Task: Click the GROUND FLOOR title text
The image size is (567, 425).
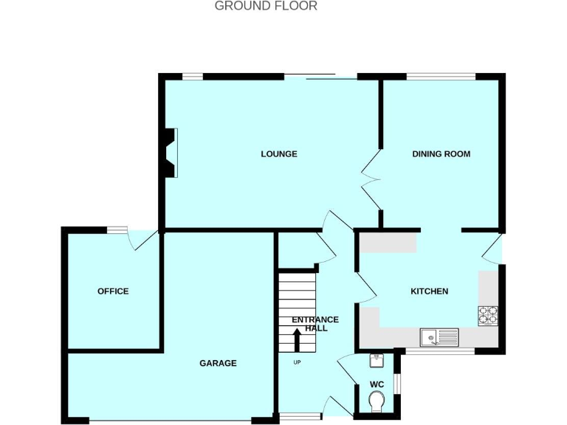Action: [x=266, y=6]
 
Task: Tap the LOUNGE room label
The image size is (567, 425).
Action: [x=279, y=154]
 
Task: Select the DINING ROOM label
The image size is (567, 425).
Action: [x=441, y=154]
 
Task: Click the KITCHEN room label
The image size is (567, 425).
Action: [x=429, y=291]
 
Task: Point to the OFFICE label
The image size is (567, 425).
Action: [x=113, y=291]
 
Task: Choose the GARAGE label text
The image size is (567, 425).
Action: [x=218, y=363]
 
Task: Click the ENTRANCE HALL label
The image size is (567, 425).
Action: [x=315, y=324]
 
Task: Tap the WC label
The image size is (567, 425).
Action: [x=377, y=384]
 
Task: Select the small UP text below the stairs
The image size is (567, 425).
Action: [x=298, y=362]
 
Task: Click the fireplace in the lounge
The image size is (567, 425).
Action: [x=171, y=153]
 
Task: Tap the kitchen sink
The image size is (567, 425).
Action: [x=439, y=337]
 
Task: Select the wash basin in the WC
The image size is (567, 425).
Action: [x=376, y=359]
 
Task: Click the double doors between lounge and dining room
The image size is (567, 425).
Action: [x=370, y=178]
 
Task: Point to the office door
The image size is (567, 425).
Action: [x=143, y=240]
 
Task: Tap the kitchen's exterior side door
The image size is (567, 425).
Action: [x=492, y=249]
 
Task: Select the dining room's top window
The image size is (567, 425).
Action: [x=441, y=76]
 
